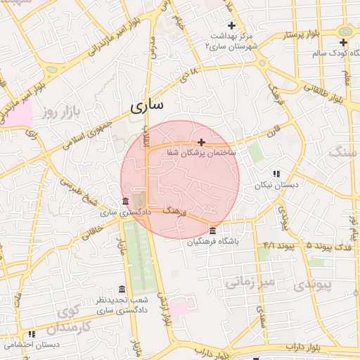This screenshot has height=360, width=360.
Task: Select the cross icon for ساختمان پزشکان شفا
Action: [x=202, y=142]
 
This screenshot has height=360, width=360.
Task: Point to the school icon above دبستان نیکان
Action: [x=276, y=173]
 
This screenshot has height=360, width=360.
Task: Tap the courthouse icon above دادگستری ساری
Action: [x=125, y=201]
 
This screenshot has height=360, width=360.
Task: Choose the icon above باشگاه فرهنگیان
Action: [x=212, y=231]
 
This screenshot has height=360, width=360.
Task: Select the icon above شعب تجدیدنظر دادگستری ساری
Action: [x=122, y=290]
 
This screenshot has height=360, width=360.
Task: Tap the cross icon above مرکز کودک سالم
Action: [x=343, y=43]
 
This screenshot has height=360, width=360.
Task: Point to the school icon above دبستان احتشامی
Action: [x=31, y=335]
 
